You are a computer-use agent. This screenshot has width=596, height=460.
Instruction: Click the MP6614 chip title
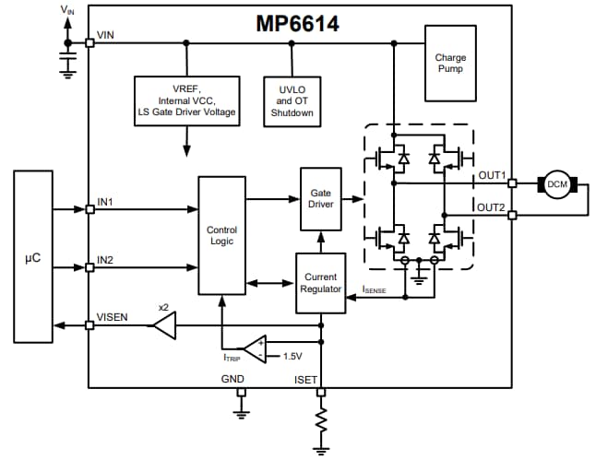[x=297, y=23]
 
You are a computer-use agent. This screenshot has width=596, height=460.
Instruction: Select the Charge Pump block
[x=450, y=63]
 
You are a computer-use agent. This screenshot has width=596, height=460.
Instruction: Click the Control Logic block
[x=221, y=234]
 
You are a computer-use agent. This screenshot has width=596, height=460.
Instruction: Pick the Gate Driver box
[x=321, y=198]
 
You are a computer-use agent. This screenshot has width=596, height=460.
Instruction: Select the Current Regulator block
[x=320, y=282]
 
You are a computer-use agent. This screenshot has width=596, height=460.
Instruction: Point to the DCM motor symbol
[x=557, y=183]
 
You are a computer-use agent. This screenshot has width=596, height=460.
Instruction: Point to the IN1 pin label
[x=106, y=200]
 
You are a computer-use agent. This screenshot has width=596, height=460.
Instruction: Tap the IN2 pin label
[x=106, y=260]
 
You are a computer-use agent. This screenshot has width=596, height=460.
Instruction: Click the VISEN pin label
[x=112, y=316]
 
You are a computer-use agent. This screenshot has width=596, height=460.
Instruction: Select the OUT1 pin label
[x=491, y=174]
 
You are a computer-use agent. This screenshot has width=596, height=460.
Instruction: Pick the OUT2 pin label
[x=491, y=206]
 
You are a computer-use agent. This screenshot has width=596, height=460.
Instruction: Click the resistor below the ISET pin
[x=321, y=423]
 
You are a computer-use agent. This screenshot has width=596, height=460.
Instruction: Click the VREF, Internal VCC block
[x=187, y=100]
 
